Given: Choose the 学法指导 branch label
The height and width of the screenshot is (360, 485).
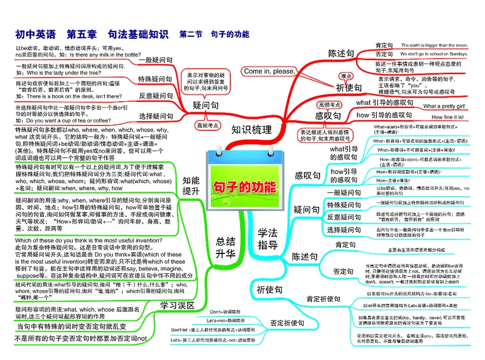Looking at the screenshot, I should [267, 239].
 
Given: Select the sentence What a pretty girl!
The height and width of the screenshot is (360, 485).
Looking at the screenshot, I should [444, 107].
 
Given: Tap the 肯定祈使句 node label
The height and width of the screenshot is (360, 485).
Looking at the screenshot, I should [323, 299].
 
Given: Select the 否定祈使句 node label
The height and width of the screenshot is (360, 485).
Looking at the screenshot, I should [287, 323].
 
